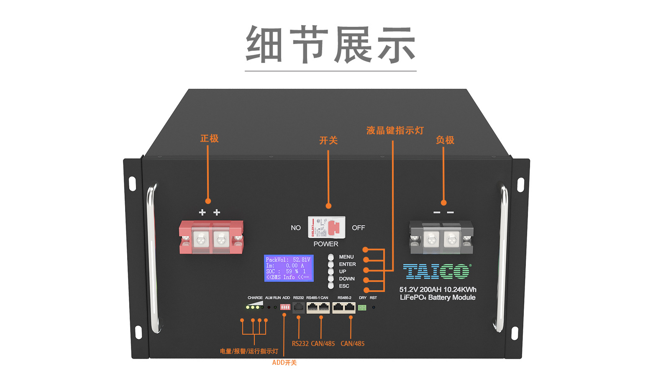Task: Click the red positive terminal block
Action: coord(211,237)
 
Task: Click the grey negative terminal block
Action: coord(441,237)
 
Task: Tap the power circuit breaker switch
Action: coord(327,227)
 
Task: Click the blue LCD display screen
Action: coord(289,268)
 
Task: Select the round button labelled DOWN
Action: coord(331,279)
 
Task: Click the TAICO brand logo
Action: coord(437,271)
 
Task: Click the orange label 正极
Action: coord(209,139)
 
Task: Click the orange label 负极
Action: coord(445,140)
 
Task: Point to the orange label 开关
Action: coord(328,141)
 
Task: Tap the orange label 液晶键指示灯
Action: coord(395,131)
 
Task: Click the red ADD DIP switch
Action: coord(285,307)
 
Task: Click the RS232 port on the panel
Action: coord(298,307)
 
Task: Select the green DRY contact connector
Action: coord(362,308)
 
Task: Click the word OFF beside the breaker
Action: coord(358,228)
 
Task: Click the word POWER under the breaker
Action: coord(326,244)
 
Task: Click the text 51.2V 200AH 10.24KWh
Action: coord(438,289)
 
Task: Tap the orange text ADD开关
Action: coord(284,363)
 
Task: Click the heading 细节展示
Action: coord(330,45)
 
